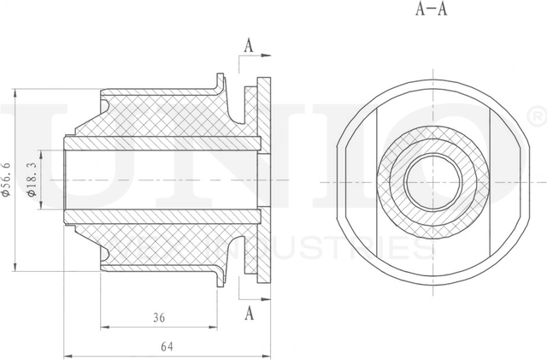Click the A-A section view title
pos(431,10)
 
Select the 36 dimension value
pos(158,317)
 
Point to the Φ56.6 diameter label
pos(8,180)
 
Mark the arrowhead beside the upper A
pos(266,56)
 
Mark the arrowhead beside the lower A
pos(266,302)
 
